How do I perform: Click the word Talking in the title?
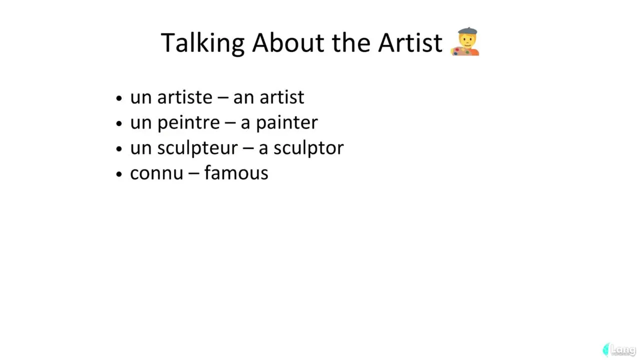[x=202, y=43]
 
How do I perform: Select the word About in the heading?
[x=288, y=43]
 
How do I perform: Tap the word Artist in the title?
[x=410, y=43]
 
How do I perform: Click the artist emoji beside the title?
[x=465, y=41]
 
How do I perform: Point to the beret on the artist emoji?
[x=467, y=31]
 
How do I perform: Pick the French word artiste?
[x=185, y=97]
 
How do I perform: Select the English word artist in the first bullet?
[x=281, y=97]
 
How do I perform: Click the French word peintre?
[x=188, y=123]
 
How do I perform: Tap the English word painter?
[x=286, y=123]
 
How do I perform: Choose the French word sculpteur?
[x=197, y=148]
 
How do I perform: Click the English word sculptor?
[x=308, y=148]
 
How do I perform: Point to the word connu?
[x=156, y=173]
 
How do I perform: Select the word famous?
[x=236, y=173]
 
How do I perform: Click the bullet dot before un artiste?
[x=119, y=98]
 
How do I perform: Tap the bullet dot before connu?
[x=119, y=174]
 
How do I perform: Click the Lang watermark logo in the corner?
[x=619, y=349]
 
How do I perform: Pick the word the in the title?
[x=351, y=43]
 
